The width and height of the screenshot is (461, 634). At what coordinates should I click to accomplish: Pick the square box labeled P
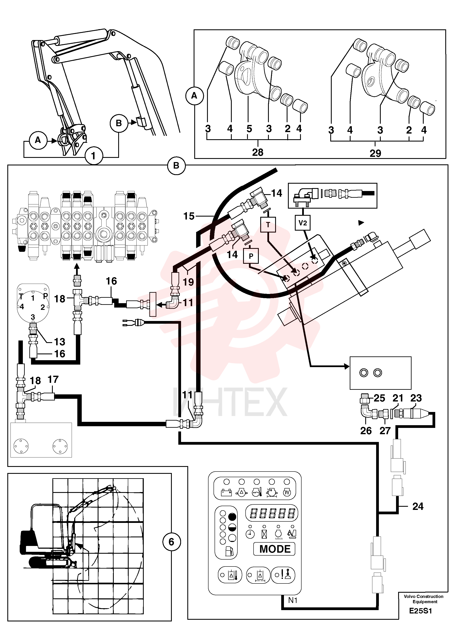click(x=251, y=256)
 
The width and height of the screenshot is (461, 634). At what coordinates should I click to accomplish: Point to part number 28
click(x=258, y=152)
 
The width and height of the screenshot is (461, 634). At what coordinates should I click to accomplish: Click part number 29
click(x=375, y=153)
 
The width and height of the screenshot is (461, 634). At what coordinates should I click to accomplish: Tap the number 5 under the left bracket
click(x=249, y=129)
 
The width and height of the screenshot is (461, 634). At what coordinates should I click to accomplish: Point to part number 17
click(x=53, y=379)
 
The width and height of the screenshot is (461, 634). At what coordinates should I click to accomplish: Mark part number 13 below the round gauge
click(x=60, y=342)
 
